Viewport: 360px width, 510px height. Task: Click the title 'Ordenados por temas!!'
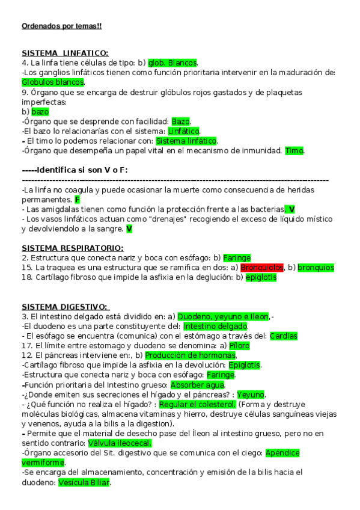tap(61, 26)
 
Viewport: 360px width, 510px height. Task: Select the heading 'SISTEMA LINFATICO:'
tap(65, 54)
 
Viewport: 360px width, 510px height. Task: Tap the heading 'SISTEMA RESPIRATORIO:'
tap(73, 248)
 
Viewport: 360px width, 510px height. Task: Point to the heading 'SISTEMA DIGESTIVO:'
tap(65, 307)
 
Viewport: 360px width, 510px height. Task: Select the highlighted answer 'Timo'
tap(294, 150)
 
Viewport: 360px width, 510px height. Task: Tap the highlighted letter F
tap(78, 199)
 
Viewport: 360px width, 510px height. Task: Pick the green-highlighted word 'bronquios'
tap(316, 267)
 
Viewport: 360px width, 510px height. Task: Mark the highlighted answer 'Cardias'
tap(283, 336)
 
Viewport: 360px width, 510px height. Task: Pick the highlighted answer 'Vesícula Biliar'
tap(84, 482)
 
